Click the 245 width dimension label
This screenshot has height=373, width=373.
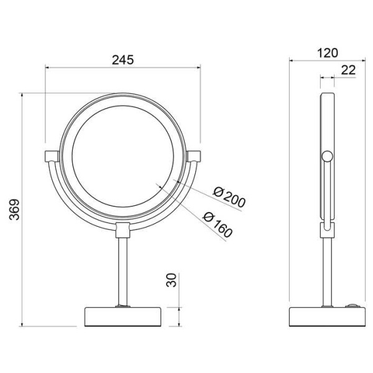coord(122,60)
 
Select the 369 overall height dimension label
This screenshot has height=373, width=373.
coord(14,210)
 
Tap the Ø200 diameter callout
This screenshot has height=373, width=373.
coord(229,197)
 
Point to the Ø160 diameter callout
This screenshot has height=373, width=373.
coord(218,224)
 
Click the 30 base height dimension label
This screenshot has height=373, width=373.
coord(172,280)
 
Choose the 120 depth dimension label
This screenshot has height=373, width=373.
coord(328,53)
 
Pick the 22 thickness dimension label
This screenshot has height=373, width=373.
coord(349,70)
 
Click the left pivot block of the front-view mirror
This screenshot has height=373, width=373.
coord(52,156)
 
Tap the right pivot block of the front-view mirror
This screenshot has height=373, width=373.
coord(193,156)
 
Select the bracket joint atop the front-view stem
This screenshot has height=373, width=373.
coord(122,230)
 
